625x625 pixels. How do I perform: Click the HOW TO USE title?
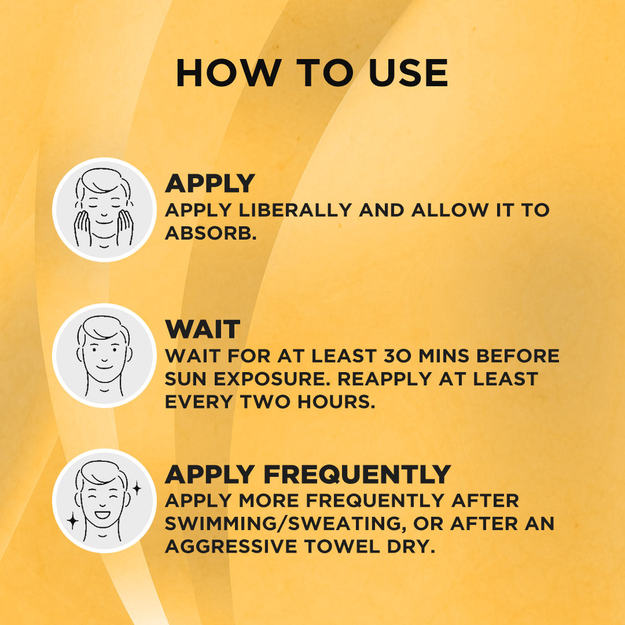tap(312, 72)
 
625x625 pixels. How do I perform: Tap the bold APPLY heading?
tap(209, 183)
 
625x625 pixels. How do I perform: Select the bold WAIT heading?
tap(203, 329)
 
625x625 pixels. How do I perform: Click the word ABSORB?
tap(211, 233)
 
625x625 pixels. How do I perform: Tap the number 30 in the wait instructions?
tap(398, 356)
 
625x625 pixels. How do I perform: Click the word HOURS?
tap(336, 402)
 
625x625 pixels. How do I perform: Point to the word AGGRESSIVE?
tap(231, 546)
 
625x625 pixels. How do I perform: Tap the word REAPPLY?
tap(385, 378)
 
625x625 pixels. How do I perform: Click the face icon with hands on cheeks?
tap(104, 209)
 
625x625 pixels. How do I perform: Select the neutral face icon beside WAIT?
tap(104, 355)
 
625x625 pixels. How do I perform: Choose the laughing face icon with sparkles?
tap(104, 501)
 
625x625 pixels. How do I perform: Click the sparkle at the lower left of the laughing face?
tap(72, 521)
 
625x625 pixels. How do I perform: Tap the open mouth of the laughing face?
tap(102, 514)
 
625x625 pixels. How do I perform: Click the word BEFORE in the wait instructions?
tap(518, 356)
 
